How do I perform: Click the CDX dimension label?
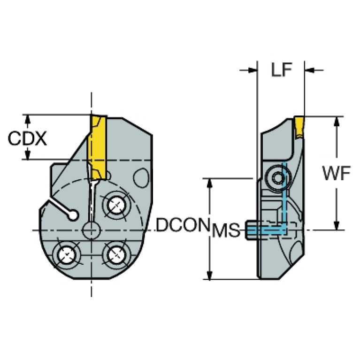click(27, 138)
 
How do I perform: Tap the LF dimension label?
click(281, 69)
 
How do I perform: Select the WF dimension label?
click(337, 173)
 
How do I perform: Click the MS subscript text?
click(226, 230)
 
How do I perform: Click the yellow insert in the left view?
click(99, 147)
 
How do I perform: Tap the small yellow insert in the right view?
click(299, 127)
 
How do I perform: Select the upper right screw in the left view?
click(116, 205)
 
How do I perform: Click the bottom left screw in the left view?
click(67, 255)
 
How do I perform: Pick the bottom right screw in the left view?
click(116, 255)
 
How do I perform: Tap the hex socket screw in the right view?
click(278, 177)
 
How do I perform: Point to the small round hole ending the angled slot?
click(73, 215)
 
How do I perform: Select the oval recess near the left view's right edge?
click(141, 178)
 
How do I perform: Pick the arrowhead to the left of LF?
click(252, 70)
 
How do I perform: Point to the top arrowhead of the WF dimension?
click(337, 121)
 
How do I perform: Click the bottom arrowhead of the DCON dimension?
click(209, 275)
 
